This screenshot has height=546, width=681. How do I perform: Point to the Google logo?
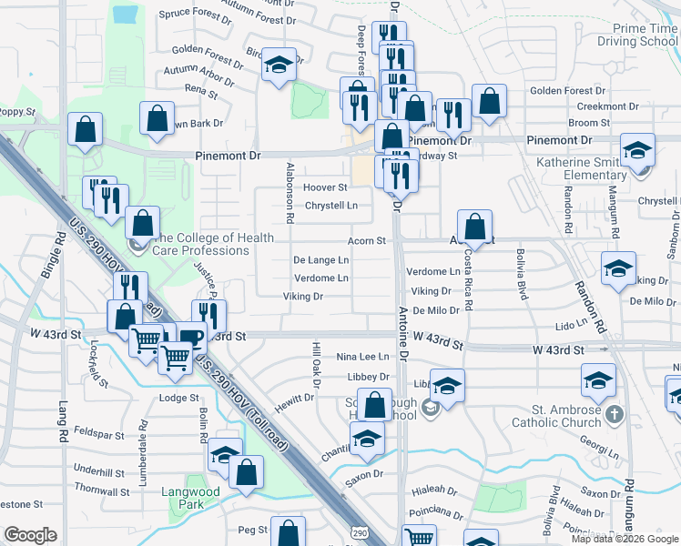point(30,535)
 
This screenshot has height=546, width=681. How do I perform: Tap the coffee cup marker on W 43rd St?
point(191,338)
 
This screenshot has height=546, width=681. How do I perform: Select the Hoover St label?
point(325,187)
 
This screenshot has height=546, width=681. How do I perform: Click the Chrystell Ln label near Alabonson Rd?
point(331,206)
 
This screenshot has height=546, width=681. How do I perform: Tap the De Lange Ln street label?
point(320,259)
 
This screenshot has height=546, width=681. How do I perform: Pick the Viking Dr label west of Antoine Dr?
point(303,297)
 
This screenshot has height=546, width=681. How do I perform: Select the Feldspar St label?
point(99,433)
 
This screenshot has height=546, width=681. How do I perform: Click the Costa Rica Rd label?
point(468,278)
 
